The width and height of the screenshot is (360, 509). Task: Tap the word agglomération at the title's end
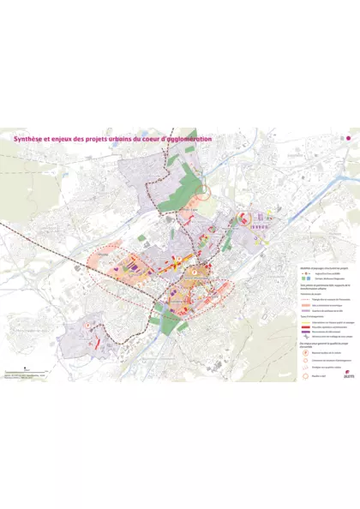[x=183, y=138]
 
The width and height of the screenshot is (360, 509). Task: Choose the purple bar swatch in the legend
[x=304, y=332]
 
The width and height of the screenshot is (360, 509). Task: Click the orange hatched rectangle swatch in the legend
[x=304, y=305]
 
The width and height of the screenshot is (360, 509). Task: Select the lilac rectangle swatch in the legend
[x=304, y=311]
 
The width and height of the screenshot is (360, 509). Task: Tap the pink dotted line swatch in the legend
[x=304, y=300]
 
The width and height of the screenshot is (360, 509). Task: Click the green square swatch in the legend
[x=303, y=279]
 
